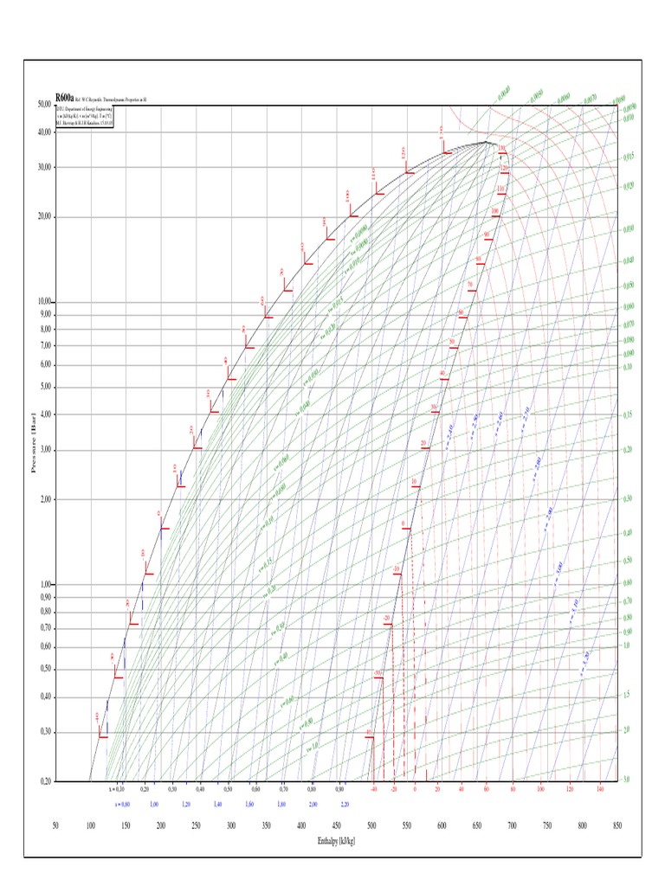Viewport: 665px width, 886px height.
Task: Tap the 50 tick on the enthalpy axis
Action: click(x=55, y=826)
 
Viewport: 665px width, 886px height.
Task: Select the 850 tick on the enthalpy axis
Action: click(x=617, y=826)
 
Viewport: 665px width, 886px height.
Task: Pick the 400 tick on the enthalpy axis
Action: click(x=301, y=826)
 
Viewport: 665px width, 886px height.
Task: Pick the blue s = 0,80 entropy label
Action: click(x=122, y=804)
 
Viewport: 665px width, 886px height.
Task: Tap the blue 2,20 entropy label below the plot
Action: click(x=345, y=804)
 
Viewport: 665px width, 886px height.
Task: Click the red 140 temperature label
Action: click(x=600, y=789)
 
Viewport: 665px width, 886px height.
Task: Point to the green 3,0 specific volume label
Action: click(x=625, y=780)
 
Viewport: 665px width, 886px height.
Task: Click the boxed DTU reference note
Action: click(x=84, y=117)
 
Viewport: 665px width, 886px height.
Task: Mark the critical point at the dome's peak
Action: click(x=487, y=142)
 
